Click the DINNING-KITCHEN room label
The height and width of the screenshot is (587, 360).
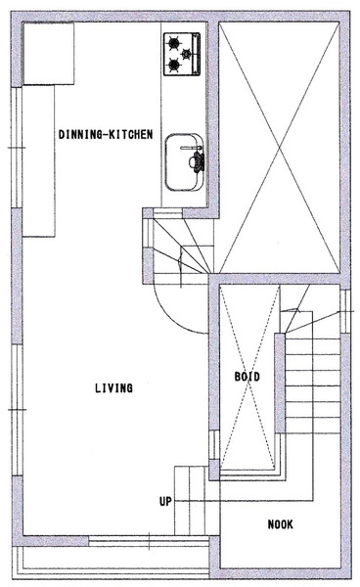pos(106,134)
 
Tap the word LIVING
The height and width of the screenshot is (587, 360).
pos(113,387)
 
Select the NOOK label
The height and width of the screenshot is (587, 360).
pos(281,524)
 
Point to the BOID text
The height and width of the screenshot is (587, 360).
pos(247,377)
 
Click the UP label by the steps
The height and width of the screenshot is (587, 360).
pos(165,501)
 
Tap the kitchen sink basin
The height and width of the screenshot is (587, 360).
pos(184,162)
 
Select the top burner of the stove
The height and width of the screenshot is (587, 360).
pos(173,43)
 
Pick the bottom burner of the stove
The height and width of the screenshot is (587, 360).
pos(173,66)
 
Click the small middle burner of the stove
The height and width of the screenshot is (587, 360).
pos(186,54)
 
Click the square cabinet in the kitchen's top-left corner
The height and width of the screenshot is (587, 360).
pos(49,54)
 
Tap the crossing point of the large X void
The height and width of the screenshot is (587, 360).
pos(279,147)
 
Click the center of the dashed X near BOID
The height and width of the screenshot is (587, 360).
pos(247,377)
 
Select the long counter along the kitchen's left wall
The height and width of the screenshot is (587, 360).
pos(39,161)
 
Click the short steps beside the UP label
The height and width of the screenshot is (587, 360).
pos(191,501)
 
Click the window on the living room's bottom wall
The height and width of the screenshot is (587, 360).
pos(149,541)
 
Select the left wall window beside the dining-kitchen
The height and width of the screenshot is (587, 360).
pos(17,148)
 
